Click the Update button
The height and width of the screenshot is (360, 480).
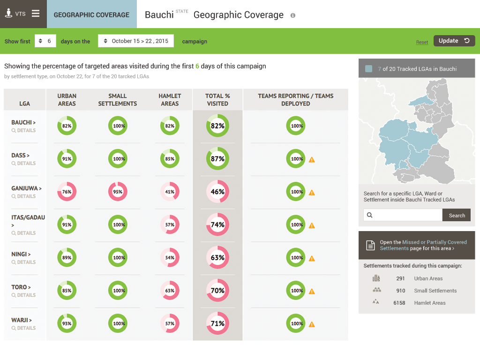click(x=454, y=41)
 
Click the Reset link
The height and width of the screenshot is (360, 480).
click(x=422, y=42)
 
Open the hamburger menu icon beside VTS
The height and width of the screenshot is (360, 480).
click(x=36, y=14)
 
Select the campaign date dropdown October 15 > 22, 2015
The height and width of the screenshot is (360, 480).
click(x=135, y=41)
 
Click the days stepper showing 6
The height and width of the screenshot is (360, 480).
click(x=45, y=41)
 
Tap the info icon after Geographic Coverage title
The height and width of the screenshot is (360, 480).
click(x=293, y=15)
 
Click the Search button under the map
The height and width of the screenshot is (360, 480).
click(x=457, y=215)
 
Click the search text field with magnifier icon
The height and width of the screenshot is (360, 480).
click(x=403, y=215)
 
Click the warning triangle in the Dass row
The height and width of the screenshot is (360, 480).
click(x=312, y=159)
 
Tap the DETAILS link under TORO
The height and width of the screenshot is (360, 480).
click(x=23, y=295)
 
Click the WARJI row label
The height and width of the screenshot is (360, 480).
click(x=22, y=320)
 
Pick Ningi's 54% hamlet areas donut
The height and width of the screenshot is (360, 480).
click(x=177, y=258)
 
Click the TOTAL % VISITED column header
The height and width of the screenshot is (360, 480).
click(x=217, y=100)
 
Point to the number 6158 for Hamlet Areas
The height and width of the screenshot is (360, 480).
click(x=399, y=303)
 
